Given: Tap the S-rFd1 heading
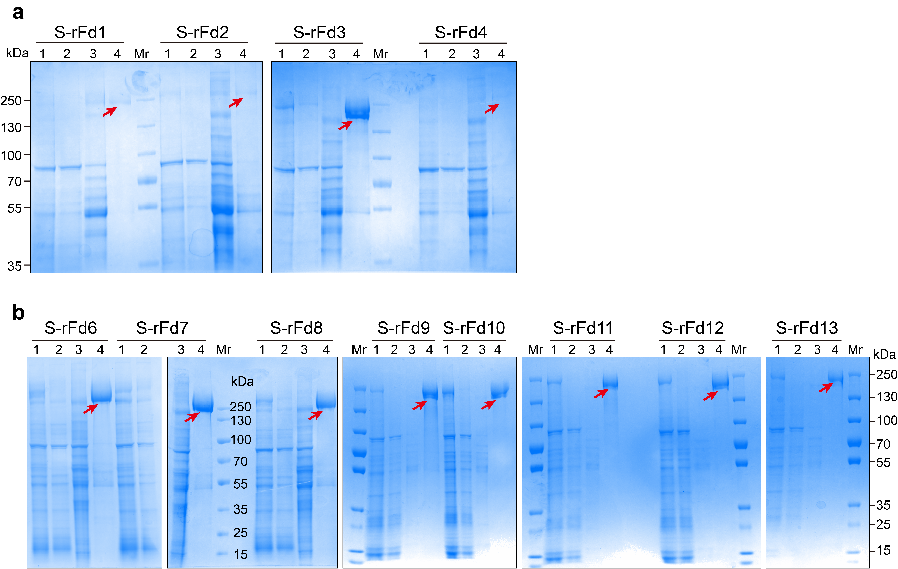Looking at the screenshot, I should [x=80, y=32].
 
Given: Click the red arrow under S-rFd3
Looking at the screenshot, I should [x=345, y=125].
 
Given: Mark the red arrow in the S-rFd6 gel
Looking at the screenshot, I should [x=91, y=409].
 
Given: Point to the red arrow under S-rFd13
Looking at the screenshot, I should [x=826, y=387].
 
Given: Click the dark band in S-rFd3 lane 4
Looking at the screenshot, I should [x=357, y=110].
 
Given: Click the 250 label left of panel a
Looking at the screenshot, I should [x=11, y=101].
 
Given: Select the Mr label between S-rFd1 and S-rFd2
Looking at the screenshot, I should [x=142, y=54].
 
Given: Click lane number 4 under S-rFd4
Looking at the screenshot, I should [x=501, y=54].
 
